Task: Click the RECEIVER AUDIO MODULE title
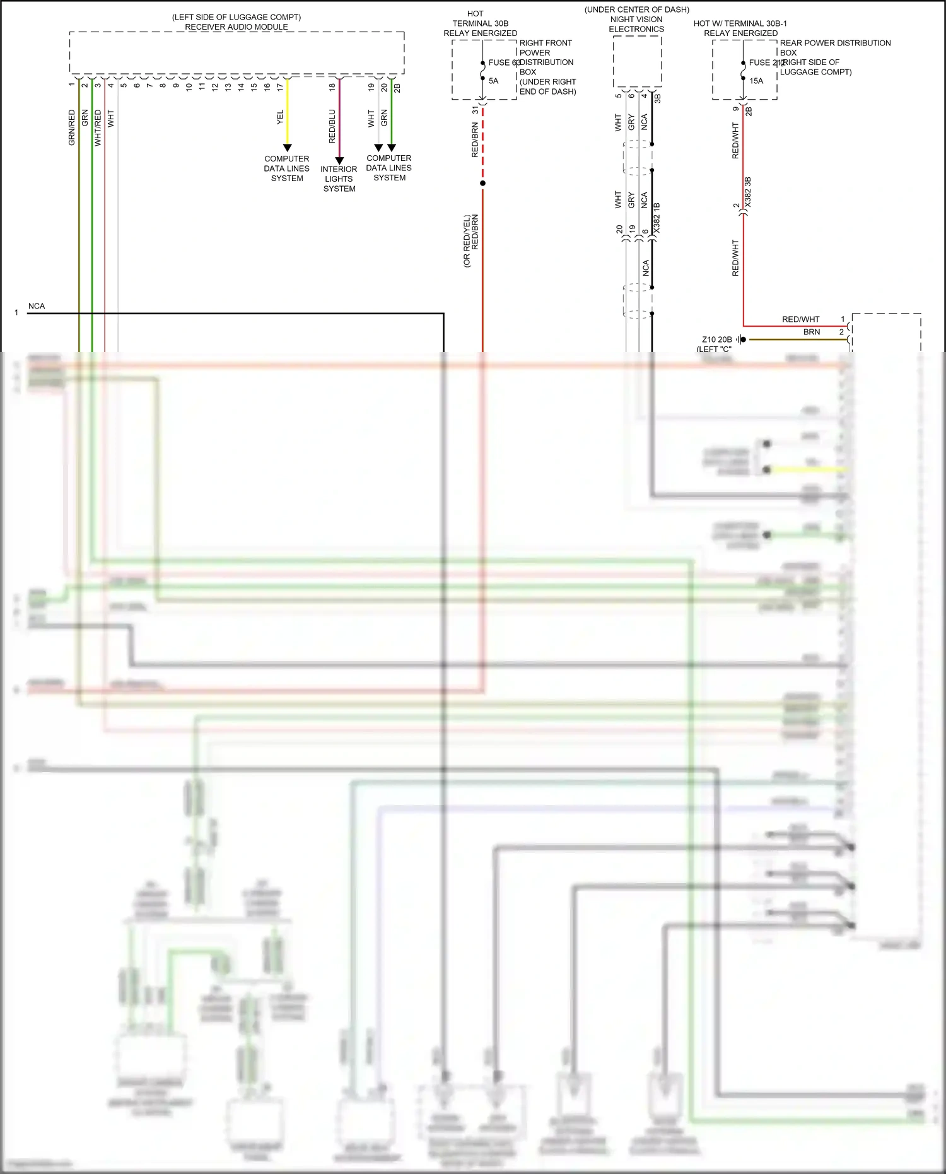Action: [x=237, y=27]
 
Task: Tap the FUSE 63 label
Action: [x=503, y=62]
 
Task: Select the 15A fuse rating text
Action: [x=756, y=81]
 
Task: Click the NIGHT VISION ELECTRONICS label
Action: [x=636, y=24]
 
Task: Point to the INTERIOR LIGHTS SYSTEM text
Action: [x=339, y=179]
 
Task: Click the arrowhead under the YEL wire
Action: [x=287, y=148]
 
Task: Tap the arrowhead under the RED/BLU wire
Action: [x=339, y=161]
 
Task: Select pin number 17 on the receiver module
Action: [x=280, y=87]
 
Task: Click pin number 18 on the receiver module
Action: [x=332, y=87]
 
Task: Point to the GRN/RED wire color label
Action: [x=72, y=128]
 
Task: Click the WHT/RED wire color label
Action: [x=98, y=128]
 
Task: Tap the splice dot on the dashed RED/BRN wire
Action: [x=482, y=184]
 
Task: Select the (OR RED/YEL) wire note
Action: [x=467, y=241]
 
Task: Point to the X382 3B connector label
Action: [x=748, y=193]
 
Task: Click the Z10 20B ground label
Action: [x=717, y=339]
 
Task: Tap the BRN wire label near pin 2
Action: [x=812, y=332]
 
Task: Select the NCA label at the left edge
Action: [x=37, y=306]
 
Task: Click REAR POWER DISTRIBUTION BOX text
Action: [x=835, y=47]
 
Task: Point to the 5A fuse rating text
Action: [x=493, y=81]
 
